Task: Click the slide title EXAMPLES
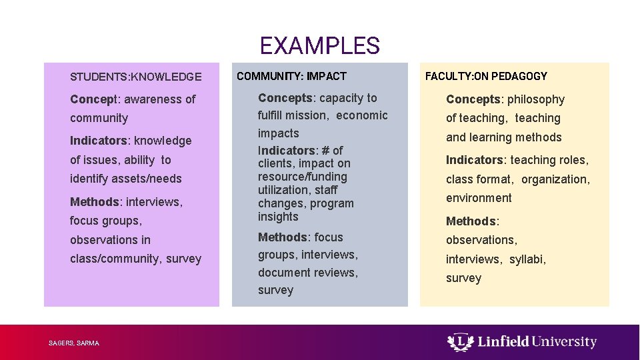[x=319, y=46]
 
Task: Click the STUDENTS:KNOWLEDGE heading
[x=136, y=77]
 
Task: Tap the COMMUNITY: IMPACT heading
[x=291, y=76]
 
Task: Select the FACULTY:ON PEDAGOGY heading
[x=486, y=76]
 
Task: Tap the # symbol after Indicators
[x=325, y=151]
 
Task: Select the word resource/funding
[x=303, y=177]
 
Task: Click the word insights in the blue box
[x=278, y=217]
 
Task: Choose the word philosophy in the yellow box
[x=535, y=99]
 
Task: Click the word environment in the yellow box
[x=479, y=198]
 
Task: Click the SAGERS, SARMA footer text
[x=74, y=343]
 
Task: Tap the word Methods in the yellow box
[x=471, y=221]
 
